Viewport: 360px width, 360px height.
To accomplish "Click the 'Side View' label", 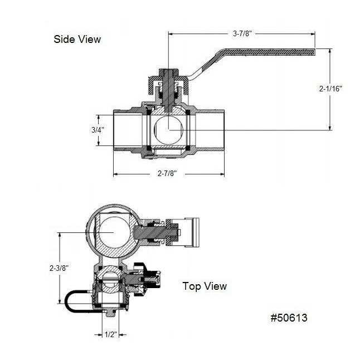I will coord(77,39).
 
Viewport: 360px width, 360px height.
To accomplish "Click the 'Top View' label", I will coord(205,286).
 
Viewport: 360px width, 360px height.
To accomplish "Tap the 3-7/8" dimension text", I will coord(242,34).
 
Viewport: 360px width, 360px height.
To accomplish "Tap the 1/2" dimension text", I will coord(111,334).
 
